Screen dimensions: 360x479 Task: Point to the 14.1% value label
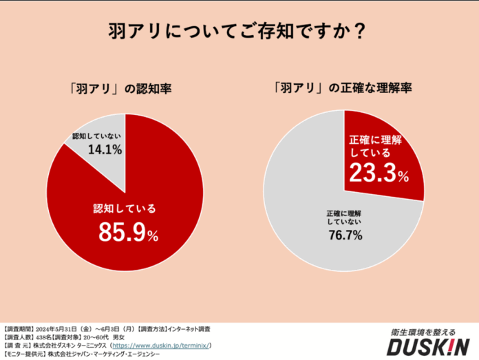tap(105, 149)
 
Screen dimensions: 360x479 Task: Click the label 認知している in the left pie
tap(125, 209)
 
